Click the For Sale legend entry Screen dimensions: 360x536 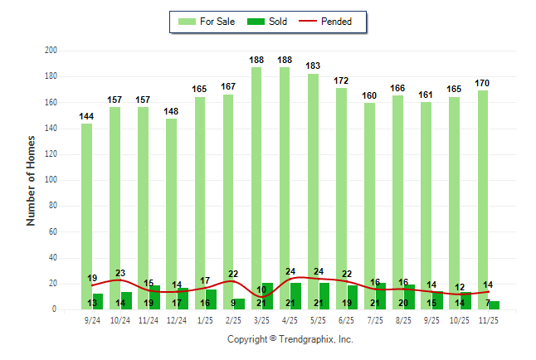pyautogui.click(x=209, y=22)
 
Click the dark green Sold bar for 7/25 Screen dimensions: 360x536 pyautogui.click(x=381, y=296)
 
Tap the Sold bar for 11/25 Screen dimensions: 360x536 pyautogui.click(x=495, y=305)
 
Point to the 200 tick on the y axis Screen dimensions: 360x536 pyautogui.click(x=51, y=51)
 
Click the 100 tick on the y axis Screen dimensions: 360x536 pyautogui.click(x=51, y=180)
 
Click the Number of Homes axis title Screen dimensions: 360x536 pyautogui.click(x=32, y=181)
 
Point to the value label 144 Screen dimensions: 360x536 pyautogui.click(x=86, y=116)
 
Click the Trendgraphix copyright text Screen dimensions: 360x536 pyautogui.click(x=290, y=339)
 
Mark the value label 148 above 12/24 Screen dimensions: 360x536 pyautogui.click(x=171, y=111)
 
